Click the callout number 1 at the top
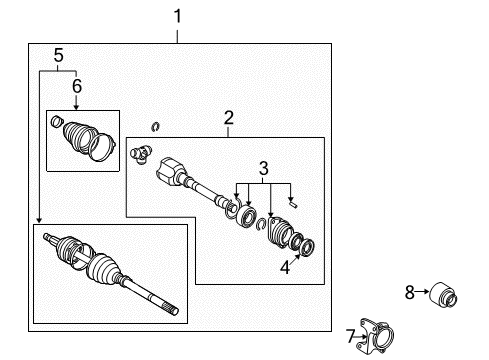pyautogui.click(x=178, y=17)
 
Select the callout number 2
pyautogui.click(x=229, y=119)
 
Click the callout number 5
pyautogui.click(x=58, y=57)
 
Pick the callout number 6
pyautogui.click(x=75, y=88)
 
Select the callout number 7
pyautogui.click(x=352, y=333)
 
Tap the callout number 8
pyautogui.click(x=409, y=292)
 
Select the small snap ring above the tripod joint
pyautogui.click(x=155, y=126)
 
